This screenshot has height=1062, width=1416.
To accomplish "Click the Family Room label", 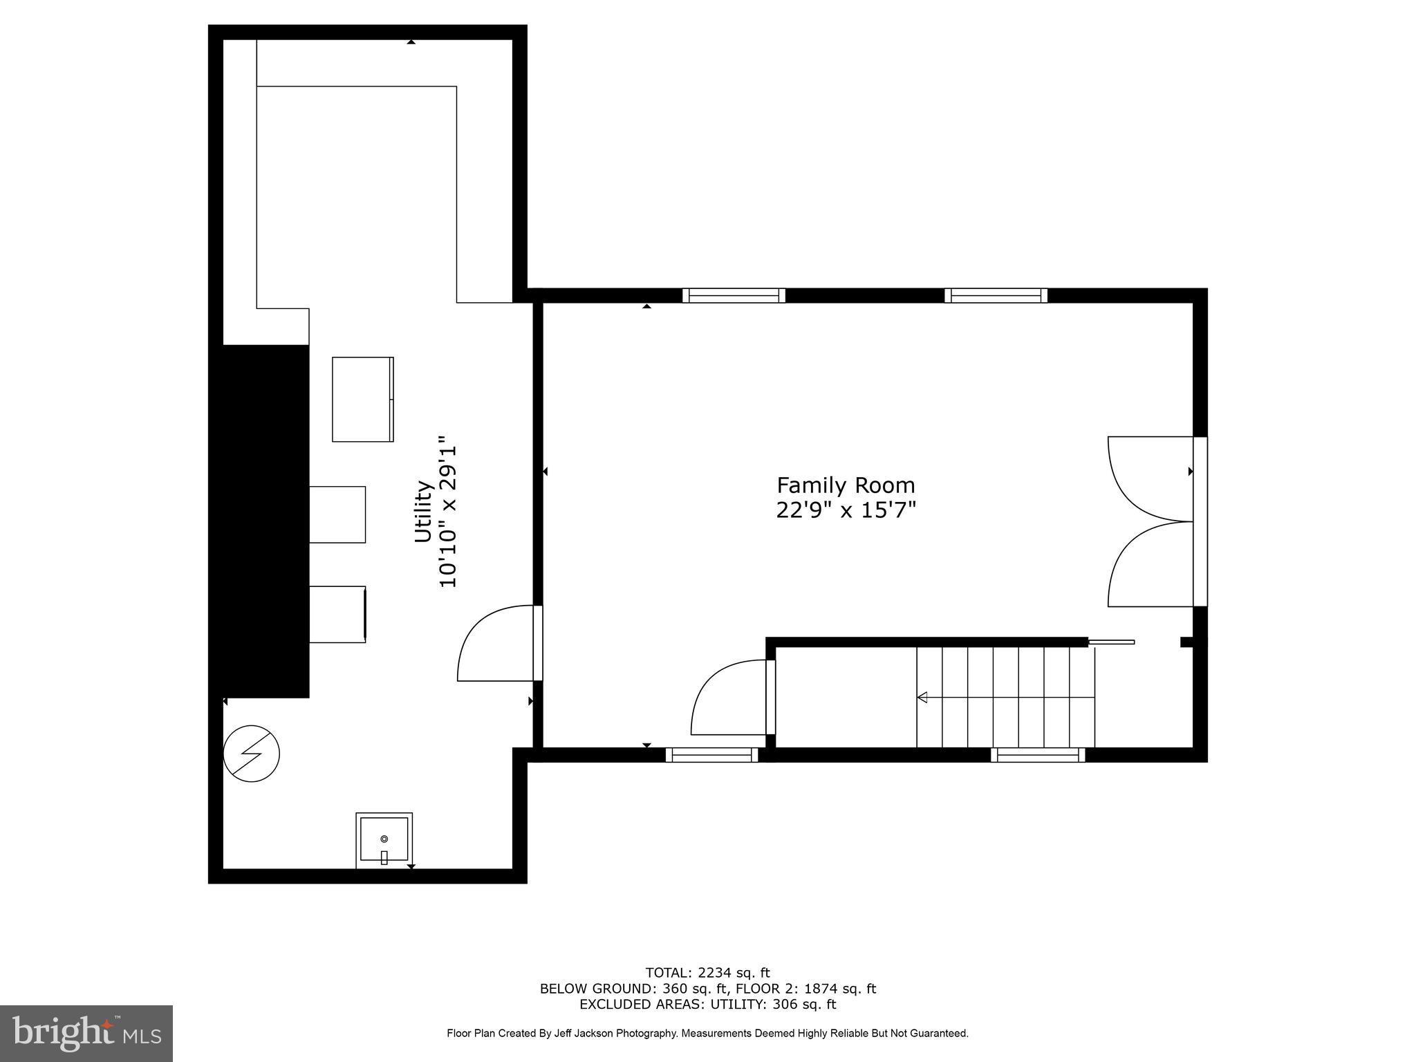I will coord(846,485).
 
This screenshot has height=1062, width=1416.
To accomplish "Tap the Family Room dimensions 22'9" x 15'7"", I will coord(846,510).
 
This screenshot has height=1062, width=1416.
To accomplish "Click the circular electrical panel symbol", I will coord(252,754).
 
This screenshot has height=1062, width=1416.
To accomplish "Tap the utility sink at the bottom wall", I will coord(384,839).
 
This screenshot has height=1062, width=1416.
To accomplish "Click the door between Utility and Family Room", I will coord(498,643).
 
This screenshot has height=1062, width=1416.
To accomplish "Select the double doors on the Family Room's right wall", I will coord(1151,521).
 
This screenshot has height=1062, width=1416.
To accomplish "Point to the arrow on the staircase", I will coord(923,698).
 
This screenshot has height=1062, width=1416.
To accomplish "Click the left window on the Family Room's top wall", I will coord(734,296).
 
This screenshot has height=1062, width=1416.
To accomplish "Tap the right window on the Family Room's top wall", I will coord(996,296).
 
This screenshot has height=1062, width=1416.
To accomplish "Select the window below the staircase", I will coord(1037,755).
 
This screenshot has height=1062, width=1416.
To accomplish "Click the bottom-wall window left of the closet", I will coord(711,755).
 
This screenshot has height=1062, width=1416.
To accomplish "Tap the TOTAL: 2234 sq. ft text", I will coord(707,973).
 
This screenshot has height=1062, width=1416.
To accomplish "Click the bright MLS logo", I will coord(86,1034).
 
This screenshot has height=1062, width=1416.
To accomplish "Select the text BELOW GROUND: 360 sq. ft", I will coord(633,989).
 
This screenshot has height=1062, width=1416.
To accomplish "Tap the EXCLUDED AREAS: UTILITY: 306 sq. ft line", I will coord(707,1005).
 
